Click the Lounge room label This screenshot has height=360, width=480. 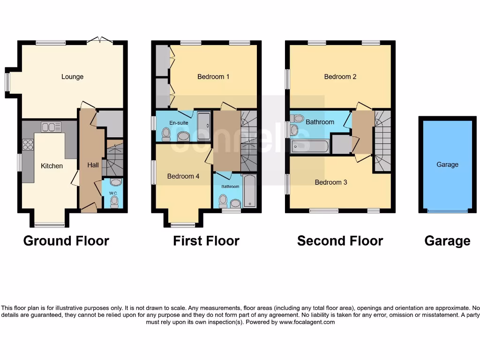pyautogui.click(x=72, y=76)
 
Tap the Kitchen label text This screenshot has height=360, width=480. pyautogui.click(x=52, y=166)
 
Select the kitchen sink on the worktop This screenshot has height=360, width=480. pyautogui.click(x=51, y=127)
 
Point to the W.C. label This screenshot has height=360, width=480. pyautogui.click(x=113, y=193)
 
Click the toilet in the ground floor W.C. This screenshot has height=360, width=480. pyautogui.click(x=114, y=202)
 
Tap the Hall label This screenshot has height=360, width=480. pyautogui.click(x=93, y=165)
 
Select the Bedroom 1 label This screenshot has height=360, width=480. pyautogui.click(x=213, y=76)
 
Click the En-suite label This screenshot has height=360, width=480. pyautogui.click(x=178, y=123)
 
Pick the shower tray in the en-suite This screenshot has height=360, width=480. pyautogui.click(x=203, y=121)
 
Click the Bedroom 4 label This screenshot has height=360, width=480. pyautogui.click(x=183, y=176)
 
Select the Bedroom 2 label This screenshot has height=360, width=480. pyautogui.click(x=340, y=76)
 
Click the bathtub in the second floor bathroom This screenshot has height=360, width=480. pyautogui.click(x=309, y=146)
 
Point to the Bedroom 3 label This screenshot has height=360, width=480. pyautogui.click(x=330, y=182)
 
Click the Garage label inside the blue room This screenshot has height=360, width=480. pyautogui.click(x=447, y=165)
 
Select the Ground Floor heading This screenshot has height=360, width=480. pyautogui.click(x=66, y=241)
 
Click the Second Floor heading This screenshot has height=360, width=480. pyautogui.click(x=340, y=241)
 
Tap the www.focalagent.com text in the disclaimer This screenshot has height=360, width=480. pyautogui.click(x=307, y=322)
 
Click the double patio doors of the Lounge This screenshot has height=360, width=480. pyautogui.click(x=99, y=41)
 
